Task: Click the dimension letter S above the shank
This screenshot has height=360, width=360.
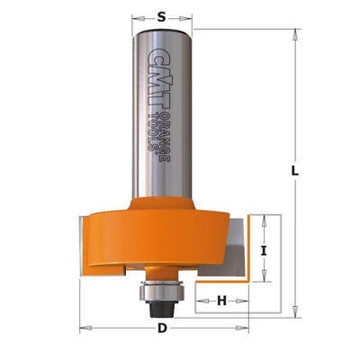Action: tap(161, 17)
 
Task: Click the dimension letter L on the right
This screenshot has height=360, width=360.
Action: tap(295, 171)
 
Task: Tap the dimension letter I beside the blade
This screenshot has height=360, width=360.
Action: tap(264, 251)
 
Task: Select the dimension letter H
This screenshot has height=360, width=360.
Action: tap(221, 301)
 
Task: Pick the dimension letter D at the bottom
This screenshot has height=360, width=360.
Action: tap(162, 328)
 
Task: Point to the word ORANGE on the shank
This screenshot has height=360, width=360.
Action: tap(165, 137)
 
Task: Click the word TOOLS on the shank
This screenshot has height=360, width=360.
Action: tap(154, 132)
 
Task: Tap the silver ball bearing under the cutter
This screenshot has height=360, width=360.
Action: tap(161, 291)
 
